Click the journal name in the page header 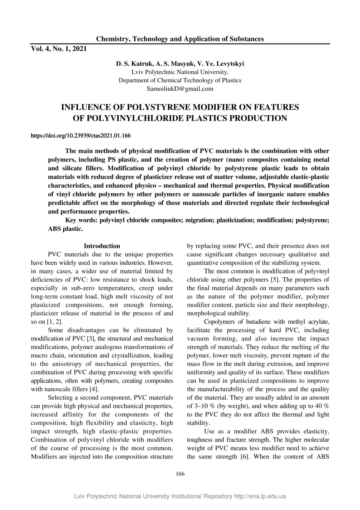click(x=180, y=39)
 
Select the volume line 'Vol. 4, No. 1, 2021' click(x=59, y=49)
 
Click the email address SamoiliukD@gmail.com click(x=180, y=88)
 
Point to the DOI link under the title click(x=81, y=135)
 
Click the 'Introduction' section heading click(x=102, y=246)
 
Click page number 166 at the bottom click(x=180, y=474)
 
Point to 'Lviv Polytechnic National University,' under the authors click(x=180, y=72)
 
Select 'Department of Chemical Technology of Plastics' click(x=180, y=80)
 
